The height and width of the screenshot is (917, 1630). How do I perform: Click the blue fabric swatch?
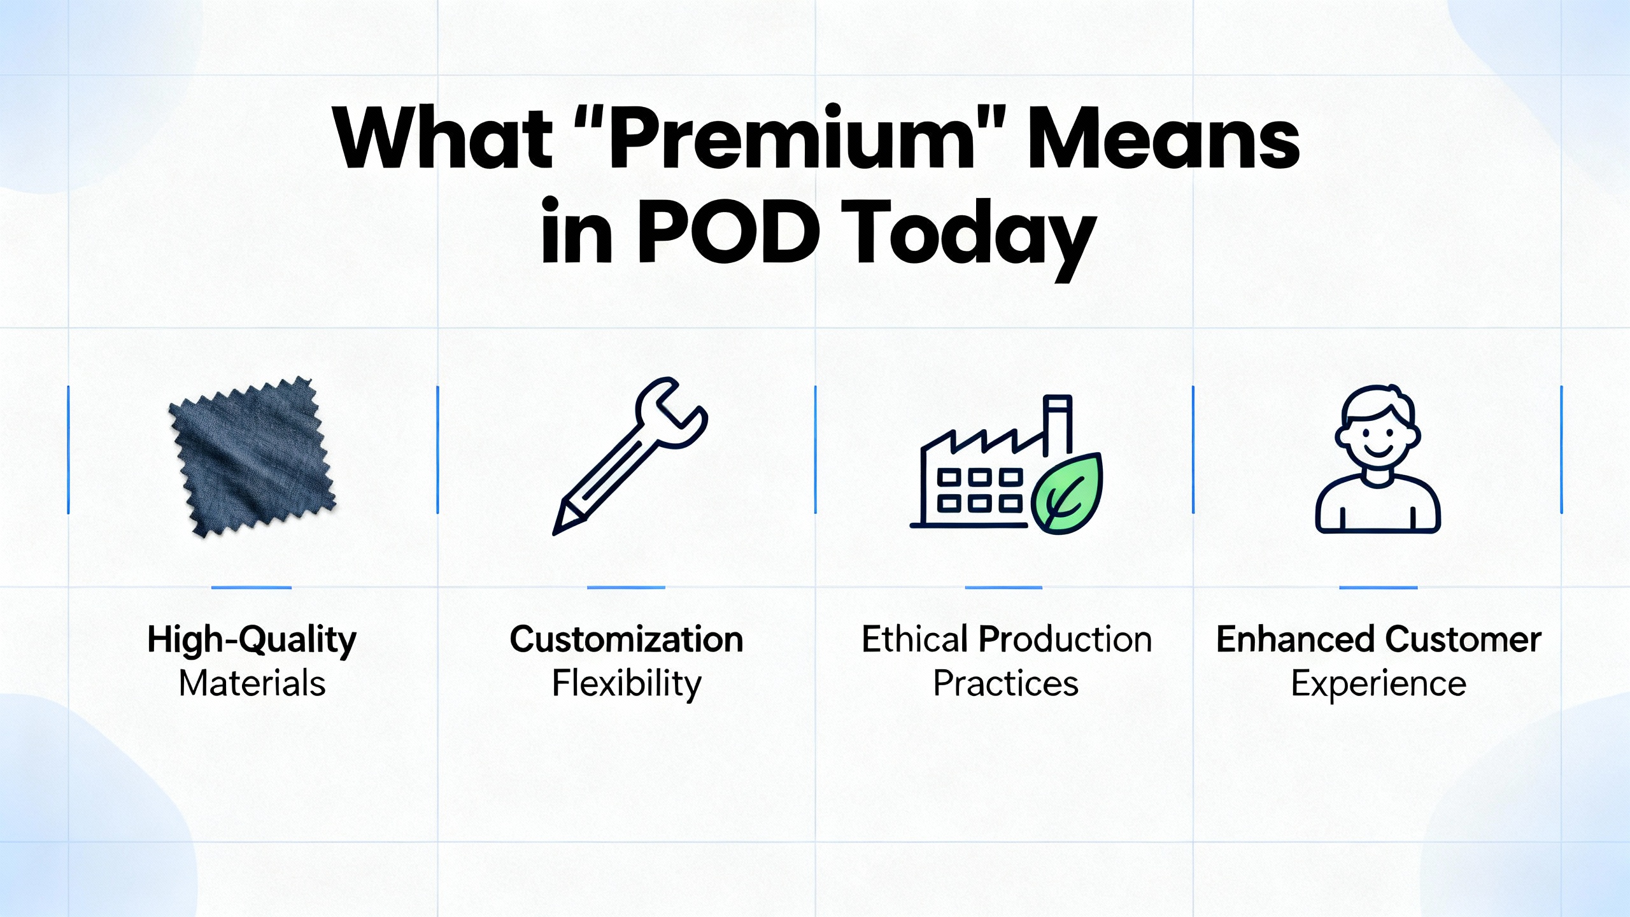(252, 457)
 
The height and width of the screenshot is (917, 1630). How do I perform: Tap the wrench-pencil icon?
(630, 456)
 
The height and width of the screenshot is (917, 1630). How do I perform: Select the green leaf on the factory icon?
(1067, 494)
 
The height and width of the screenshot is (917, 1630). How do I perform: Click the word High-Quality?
(252, 640)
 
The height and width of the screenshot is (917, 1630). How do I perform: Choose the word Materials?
(252, 683)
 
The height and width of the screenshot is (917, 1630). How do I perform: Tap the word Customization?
(627, 639)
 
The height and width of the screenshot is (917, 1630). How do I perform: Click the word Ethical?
(914, 639)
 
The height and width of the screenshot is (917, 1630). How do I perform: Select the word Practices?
(1006, 683)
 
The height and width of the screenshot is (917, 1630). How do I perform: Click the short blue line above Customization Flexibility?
(626, 587)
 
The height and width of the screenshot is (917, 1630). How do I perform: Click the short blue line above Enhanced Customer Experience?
(1378, 587)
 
